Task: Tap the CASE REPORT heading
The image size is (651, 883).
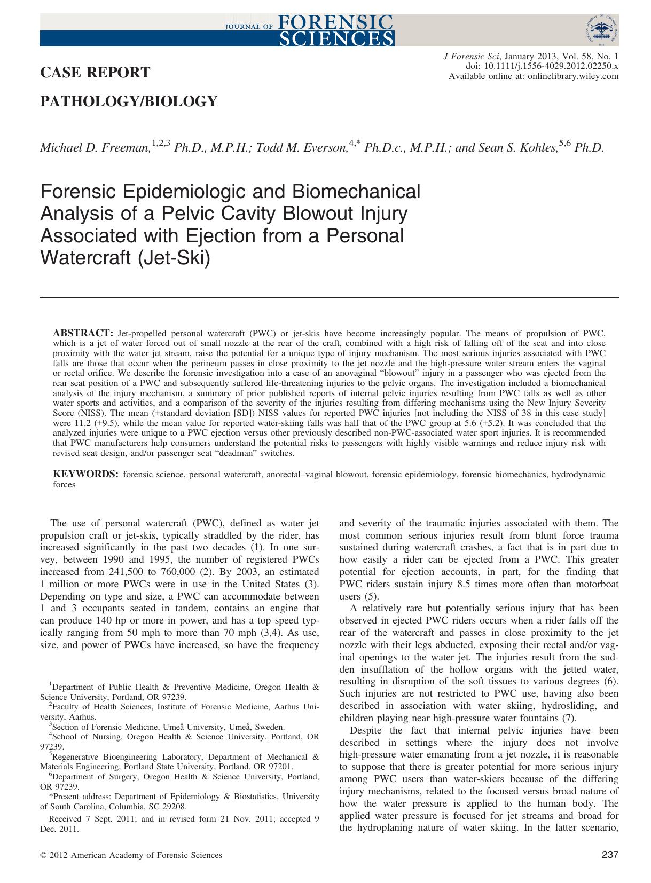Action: point(95,72)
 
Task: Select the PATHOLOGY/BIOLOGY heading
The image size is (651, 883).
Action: point(129,101)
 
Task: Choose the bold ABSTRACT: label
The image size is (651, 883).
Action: point(83,332)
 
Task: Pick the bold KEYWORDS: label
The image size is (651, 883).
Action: point(85,474)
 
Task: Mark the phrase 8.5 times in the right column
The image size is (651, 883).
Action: point(477,584)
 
